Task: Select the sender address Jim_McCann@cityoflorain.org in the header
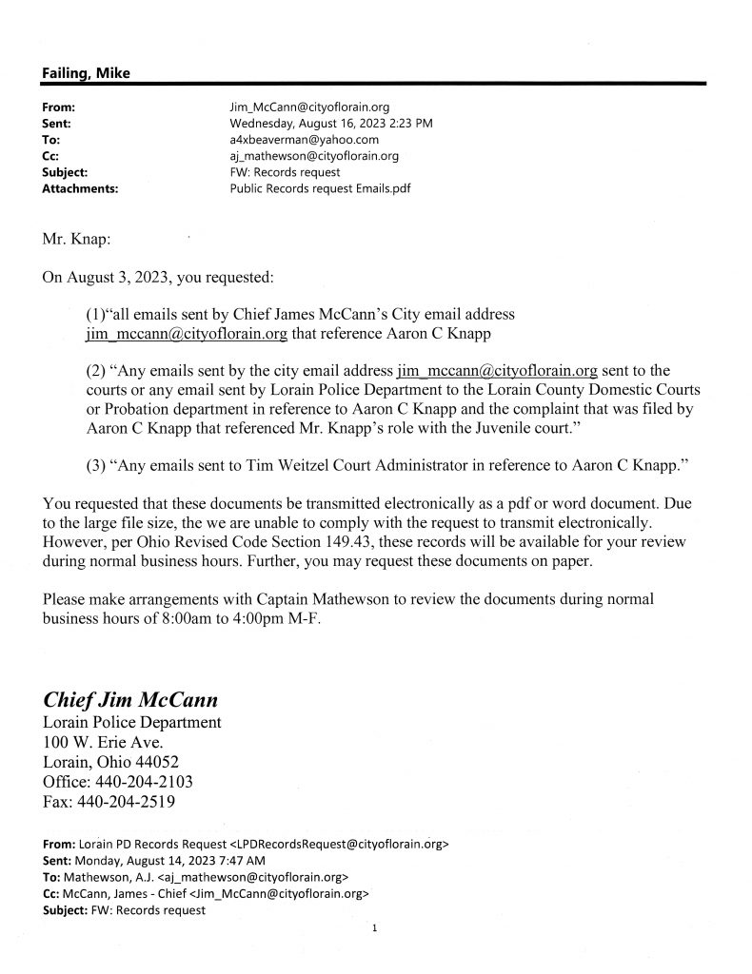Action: point(309,107)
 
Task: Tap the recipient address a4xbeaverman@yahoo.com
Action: point(298,140)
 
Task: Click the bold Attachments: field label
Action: point(81,188)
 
